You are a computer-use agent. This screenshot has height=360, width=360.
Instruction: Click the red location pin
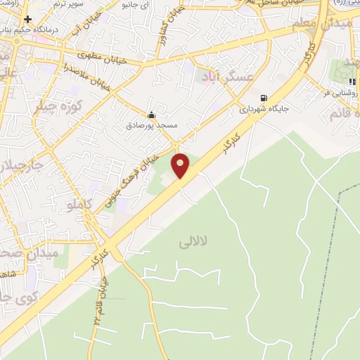point(181,165)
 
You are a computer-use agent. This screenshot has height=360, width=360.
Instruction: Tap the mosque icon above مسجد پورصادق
point(151,115)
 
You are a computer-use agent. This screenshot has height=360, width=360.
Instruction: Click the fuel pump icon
point(264,98)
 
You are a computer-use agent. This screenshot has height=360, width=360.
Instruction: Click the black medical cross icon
point(28,19)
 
